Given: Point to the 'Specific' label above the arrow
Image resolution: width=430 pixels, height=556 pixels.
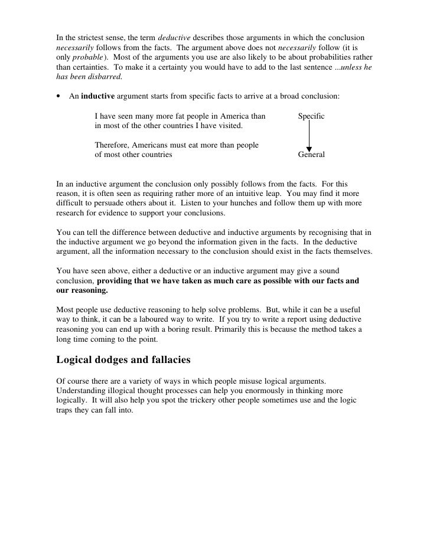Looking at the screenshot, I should coord(311,116).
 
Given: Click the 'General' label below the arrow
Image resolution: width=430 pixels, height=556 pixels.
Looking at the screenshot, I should coord(311,155).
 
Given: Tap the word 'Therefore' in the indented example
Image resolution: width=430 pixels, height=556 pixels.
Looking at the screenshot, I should coord(112,145).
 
